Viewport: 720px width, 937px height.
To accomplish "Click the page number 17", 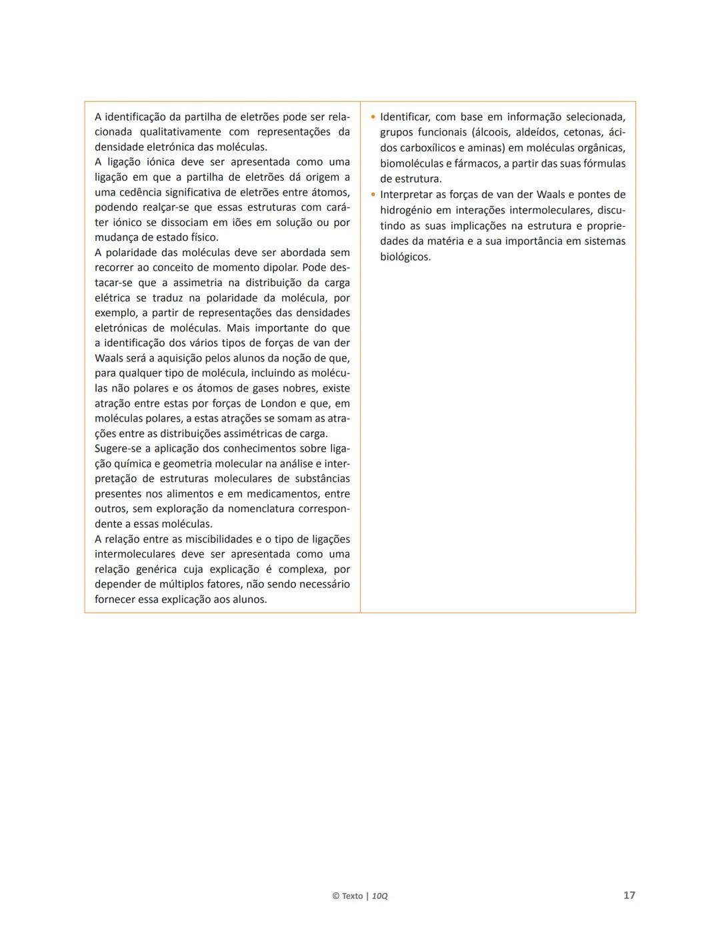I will coord(629,895).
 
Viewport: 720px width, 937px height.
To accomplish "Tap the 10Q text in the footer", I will coord(380,896).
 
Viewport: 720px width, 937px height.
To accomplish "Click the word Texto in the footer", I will coord(352,896).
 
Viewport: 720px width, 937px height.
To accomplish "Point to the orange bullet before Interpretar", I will coord(373,195).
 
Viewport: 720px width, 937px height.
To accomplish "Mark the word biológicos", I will coord(405,257).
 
